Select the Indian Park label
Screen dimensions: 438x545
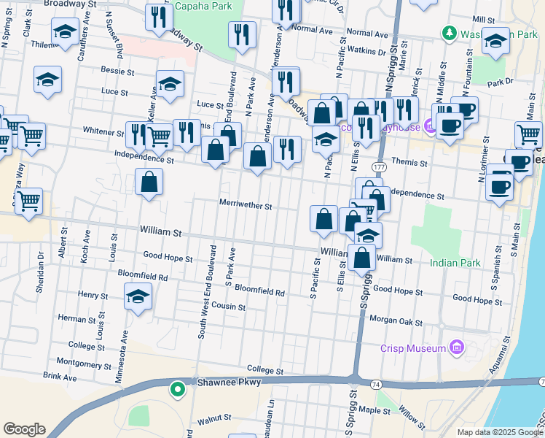pyautogui.click(x=450, y=263)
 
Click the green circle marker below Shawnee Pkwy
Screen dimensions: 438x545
pyautogui.click(x=176, y=389)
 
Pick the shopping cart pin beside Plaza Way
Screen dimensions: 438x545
pyautogui.click(x=28, y=201)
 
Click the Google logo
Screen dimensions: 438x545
pyautogui.click(x=24, y=429)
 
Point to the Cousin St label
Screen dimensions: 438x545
pyautogui.click(x=230, y=307)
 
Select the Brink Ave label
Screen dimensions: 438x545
pyautogui.click(x=60, y=377)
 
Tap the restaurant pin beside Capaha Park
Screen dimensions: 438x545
pyautogui.click(x=158, y=17)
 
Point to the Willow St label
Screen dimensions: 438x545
pyautogui.click(x=411, y=418)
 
